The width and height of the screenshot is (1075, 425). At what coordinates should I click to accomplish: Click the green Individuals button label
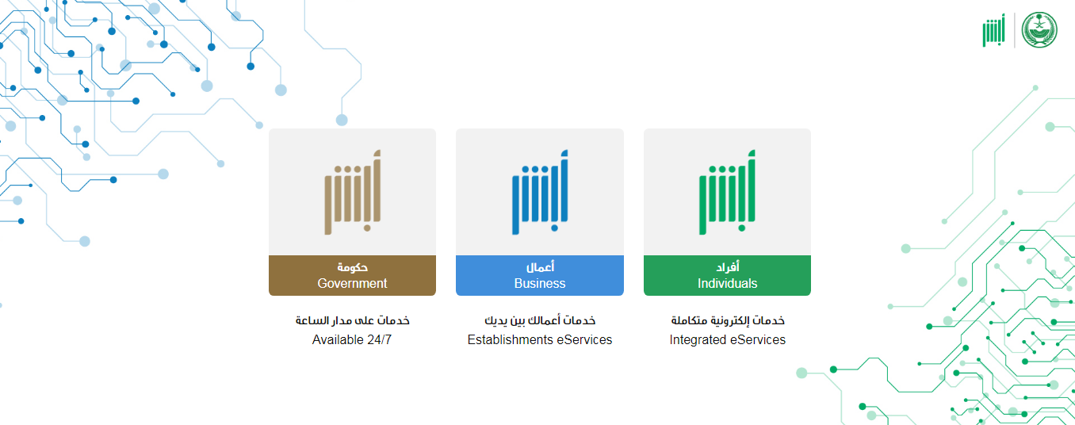point(727,275)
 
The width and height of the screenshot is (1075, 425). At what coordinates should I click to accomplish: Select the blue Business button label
point(539,275)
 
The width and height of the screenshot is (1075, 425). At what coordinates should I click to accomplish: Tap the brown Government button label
point(352,275)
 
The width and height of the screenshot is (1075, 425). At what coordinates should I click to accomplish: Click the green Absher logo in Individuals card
point(727,192)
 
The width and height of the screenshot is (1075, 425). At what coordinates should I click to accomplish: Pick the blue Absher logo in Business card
point(540,192)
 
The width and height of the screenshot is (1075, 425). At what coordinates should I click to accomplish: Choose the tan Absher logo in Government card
point(353,192)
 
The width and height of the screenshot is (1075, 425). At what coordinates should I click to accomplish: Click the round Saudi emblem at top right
point(1039,30)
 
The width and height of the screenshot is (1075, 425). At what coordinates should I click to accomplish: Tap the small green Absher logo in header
point(993,30)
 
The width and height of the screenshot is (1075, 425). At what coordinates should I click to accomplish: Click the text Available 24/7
point(352,339)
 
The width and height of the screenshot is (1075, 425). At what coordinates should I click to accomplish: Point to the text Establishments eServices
point(539,339)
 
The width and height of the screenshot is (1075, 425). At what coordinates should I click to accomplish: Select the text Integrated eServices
point(727,339)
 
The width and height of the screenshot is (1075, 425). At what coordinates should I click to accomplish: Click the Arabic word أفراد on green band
point(728,266)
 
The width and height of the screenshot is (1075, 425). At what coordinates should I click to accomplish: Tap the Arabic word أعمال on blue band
point(540,266)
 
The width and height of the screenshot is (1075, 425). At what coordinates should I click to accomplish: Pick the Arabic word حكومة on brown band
point(352,267)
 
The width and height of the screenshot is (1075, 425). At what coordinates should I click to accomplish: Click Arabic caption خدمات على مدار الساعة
point(352,320)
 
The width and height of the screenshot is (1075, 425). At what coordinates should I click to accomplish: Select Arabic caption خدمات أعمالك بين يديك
point(540,320)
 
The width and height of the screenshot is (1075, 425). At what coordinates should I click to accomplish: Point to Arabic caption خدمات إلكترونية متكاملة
point(728,320)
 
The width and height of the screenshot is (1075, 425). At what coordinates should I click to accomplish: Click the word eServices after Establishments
point(584,339)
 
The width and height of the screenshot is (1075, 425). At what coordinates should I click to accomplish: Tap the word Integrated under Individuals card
point(698,340)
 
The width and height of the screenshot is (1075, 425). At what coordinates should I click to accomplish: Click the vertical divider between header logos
point(1015,30)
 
